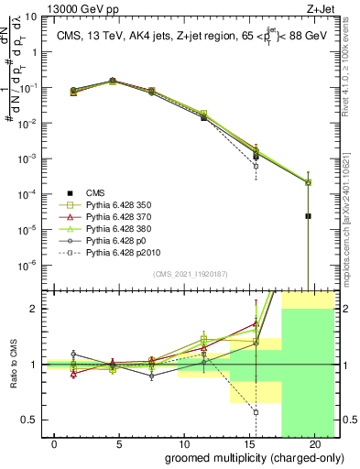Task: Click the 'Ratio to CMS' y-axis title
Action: (13, 365)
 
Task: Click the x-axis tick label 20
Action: (314, 443)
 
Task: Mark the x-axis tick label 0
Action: (55, 443)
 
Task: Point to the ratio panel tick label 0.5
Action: (32, 420)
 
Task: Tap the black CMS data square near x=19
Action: (308, 216)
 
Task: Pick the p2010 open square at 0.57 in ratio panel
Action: (256, 412)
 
